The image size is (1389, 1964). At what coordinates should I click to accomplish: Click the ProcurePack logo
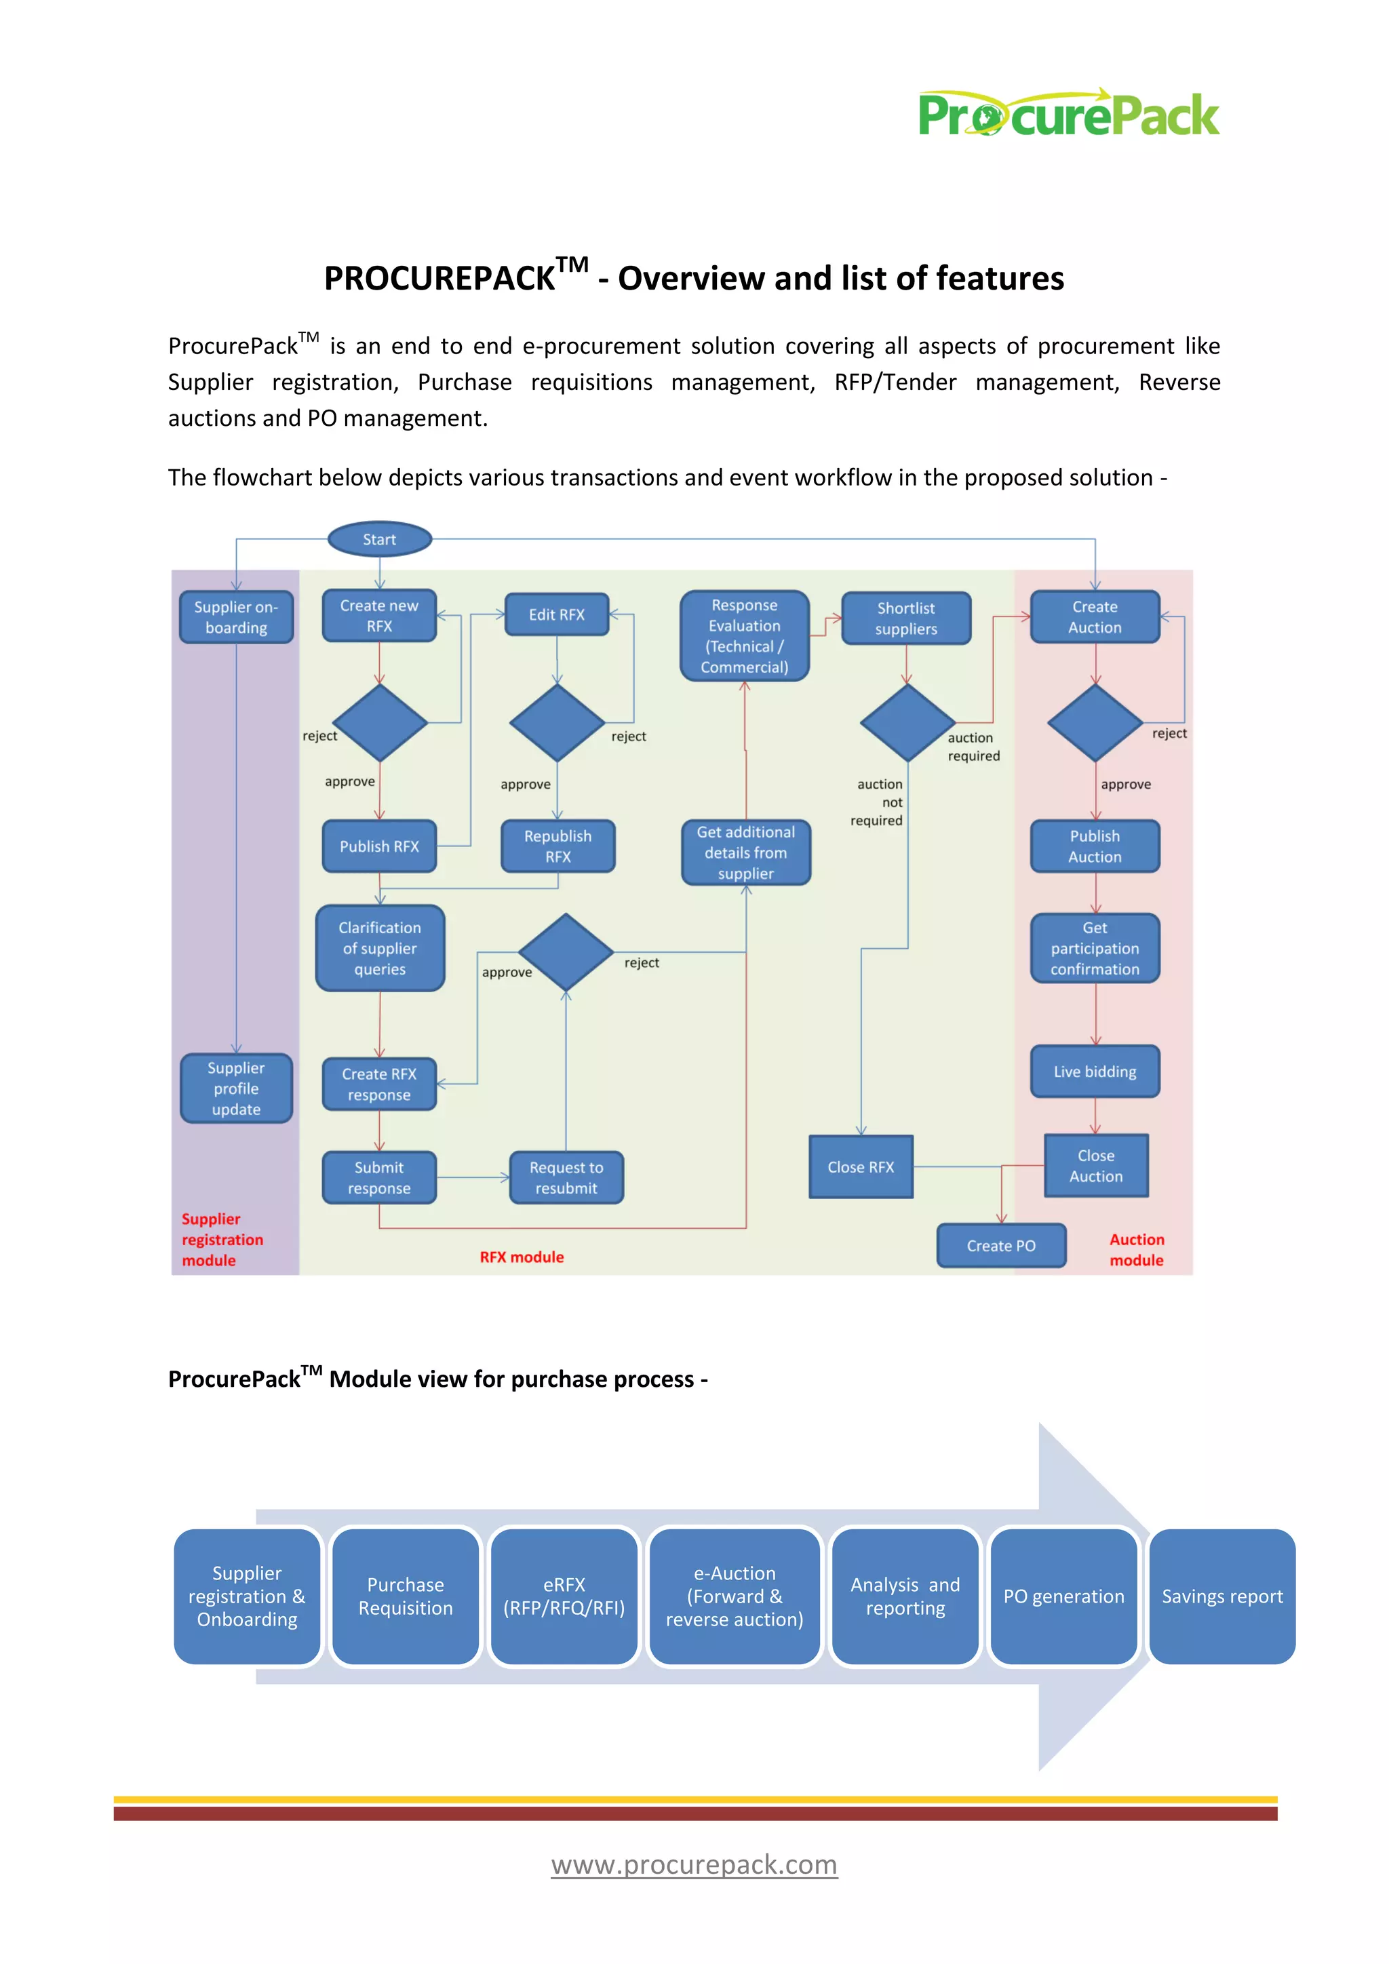tap(1068, 114)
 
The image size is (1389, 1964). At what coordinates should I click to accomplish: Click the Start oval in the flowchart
tap(380, 539)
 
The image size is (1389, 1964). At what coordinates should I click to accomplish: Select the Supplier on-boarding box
tap(236, 616)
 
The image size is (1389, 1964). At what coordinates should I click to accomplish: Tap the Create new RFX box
tap(379, 616)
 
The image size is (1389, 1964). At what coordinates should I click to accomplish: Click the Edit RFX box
tap(557, 614)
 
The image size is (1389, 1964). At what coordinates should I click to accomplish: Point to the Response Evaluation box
tap(744, 635)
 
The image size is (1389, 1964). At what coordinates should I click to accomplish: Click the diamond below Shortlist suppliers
tap(907, 723)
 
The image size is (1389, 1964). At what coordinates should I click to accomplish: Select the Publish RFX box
tap(379, 846)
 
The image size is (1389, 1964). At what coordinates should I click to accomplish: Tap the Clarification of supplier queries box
tap(380, 948)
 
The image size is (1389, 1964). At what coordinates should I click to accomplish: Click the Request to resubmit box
tap(566, 1178)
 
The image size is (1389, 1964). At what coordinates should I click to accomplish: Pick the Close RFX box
tap(861, 1166)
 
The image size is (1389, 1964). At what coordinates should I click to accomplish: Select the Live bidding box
tap(1095, 1071)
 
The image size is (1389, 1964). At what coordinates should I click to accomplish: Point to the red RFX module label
tap(522, 1257)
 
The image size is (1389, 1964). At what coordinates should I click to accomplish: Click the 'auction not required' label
tap(878, 802)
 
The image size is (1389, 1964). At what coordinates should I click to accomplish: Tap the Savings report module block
tap(1221, 1596)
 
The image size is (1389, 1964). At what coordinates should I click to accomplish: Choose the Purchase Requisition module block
tap(406, 1596)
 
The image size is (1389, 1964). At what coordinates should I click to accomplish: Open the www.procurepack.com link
tap(694, 1864)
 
